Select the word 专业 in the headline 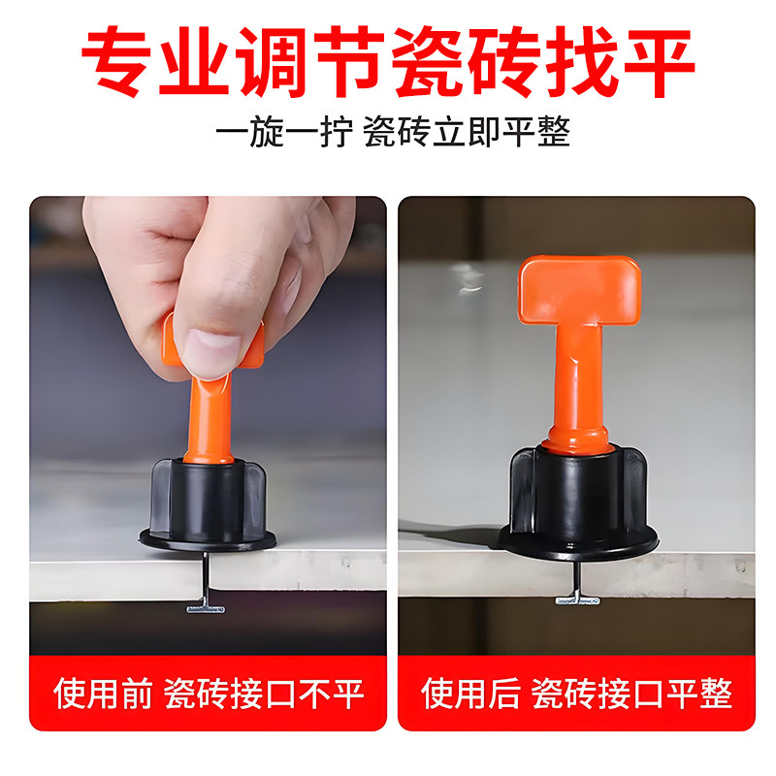(x=172, y=60)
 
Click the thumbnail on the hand (x=211, y=347)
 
